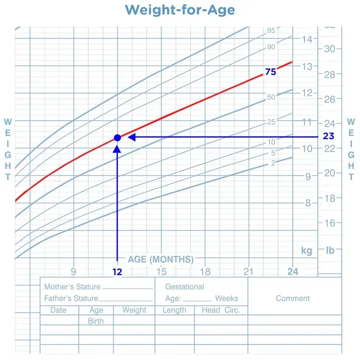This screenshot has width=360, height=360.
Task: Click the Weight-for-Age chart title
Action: (180, 10)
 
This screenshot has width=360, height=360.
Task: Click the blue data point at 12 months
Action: (118, 138)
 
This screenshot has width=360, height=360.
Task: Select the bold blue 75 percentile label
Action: (271, 72)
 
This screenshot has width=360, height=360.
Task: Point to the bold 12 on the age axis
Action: (118, 272)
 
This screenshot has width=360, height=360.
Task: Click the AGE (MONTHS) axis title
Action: (161, 260)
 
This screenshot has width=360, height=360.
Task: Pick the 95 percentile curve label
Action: (271, 31)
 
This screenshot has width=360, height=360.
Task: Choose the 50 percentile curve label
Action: (271, 97)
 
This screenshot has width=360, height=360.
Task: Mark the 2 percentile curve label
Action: (273, 163)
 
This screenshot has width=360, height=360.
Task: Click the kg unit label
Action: (307, 251)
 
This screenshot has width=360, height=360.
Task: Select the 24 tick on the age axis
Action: (293, 272)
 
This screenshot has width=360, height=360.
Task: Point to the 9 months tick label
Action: (73, 272)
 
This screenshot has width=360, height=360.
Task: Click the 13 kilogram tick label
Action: (307, 66)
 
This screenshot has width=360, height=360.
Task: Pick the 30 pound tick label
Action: (330, 49)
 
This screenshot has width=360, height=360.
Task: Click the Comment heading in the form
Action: (293, 299)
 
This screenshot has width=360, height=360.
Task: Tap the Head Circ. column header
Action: (221, 310)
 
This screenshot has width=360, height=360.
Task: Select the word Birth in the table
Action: (96, 321)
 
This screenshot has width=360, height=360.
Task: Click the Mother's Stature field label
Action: (72, 287)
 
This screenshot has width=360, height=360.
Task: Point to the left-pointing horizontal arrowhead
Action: (132, 138)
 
